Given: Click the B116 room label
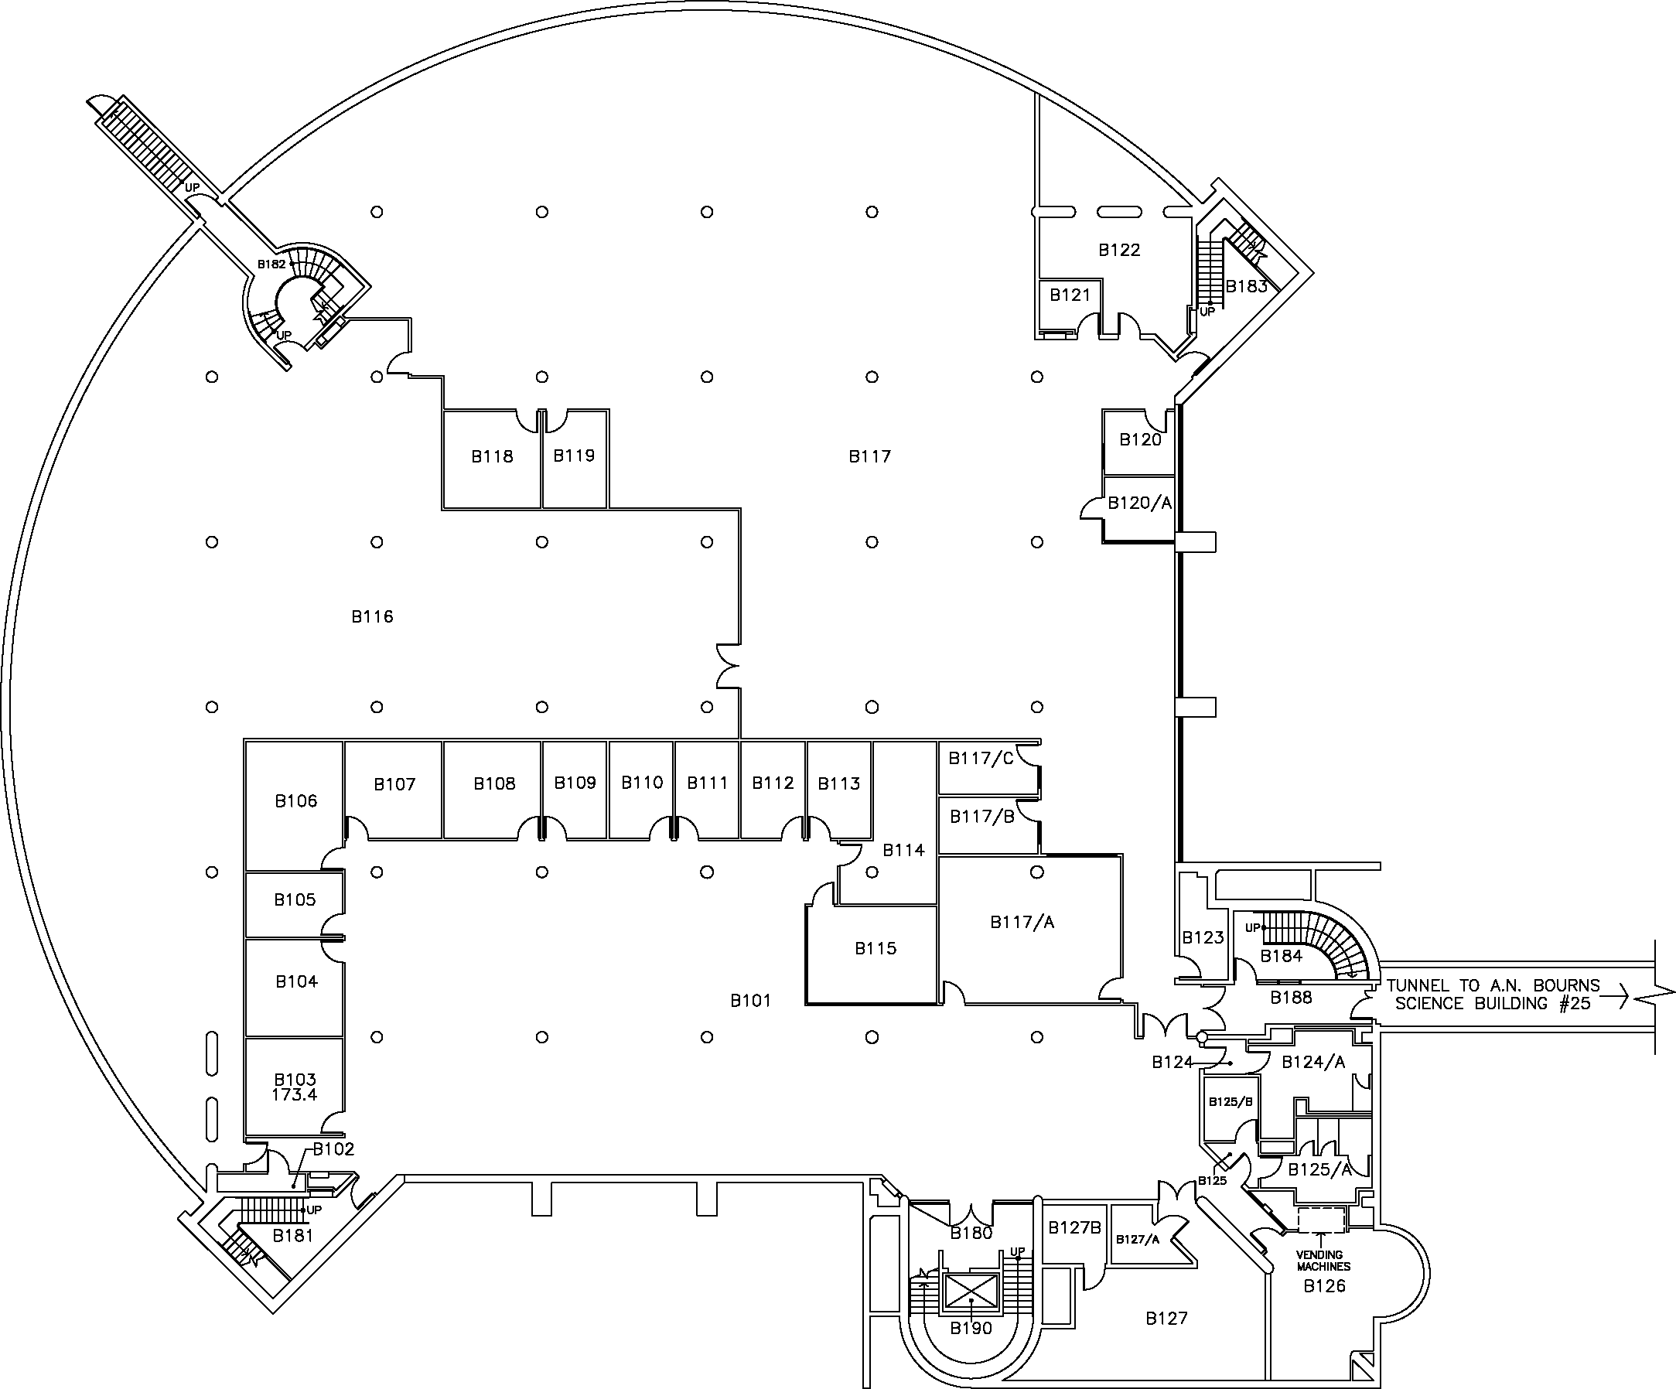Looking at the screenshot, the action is [372, 616].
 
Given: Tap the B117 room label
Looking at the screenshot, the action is [869, 456].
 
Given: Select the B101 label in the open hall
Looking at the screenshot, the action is [750, 1000].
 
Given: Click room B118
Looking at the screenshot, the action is [492, 459].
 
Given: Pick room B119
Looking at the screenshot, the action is [575, 459].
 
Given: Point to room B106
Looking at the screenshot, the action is [295, 805].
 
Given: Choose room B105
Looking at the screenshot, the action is [295, 904].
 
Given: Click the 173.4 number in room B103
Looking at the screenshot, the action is [295, 1095].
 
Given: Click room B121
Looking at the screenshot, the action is [1070, 304].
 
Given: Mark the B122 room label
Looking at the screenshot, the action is [1119, 250].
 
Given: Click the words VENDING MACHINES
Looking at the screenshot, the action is [1323, 1261].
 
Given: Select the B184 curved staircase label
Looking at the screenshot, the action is [1281, 956].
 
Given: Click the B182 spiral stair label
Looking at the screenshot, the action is [271, 264].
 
